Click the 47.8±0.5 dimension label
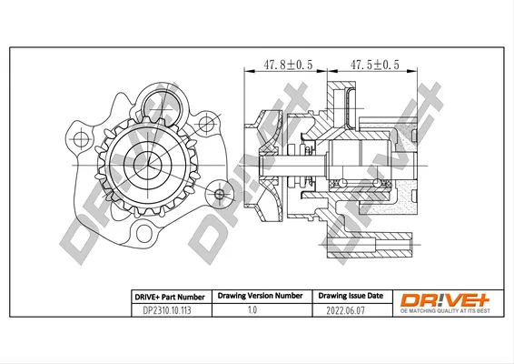[288, 65]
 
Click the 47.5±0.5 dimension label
[375, 65]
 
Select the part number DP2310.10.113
[167, 310]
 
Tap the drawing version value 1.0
[252, 309]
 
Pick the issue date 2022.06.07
[345, 310]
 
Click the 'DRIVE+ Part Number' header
[170, 298]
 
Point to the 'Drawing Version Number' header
[260, 296]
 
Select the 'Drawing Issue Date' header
[351, 296]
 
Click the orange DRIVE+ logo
[445, 300]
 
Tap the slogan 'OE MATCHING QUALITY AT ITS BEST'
[445, 311]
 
